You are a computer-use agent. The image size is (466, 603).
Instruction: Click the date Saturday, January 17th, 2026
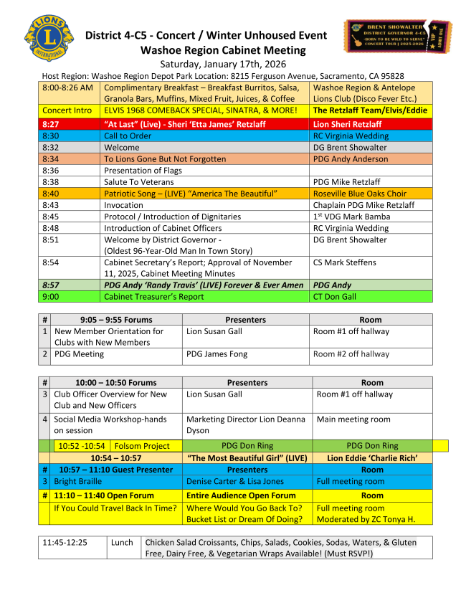tap(223, 64)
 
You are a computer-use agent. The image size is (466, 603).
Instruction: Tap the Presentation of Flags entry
tap(143, 170)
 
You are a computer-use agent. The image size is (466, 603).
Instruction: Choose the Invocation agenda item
tap(123, 205)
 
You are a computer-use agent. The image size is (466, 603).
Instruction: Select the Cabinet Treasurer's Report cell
tap(154, 295)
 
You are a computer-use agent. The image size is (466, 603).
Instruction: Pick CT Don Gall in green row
tap(334, 295)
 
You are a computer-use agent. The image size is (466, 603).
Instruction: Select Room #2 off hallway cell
tap(351, 354)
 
